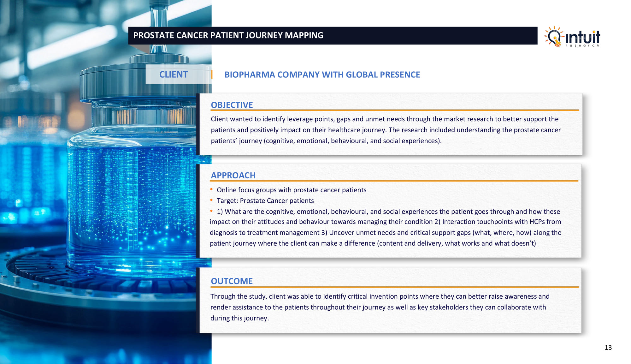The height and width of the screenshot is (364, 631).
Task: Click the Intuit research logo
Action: tap(572, 37)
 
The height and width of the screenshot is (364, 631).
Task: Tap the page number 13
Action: tap(608, 348)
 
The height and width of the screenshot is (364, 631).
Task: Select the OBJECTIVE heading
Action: tap(232, 105)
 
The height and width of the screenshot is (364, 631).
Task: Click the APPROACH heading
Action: tap(233, 175)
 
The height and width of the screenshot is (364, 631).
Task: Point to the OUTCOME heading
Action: tap(232, 281)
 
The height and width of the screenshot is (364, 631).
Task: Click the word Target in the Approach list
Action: tap(227, 201)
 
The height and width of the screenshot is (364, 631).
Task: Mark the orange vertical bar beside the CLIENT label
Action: tap(212, 75)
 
